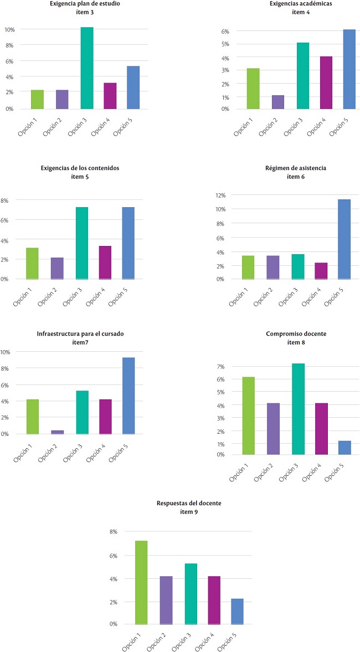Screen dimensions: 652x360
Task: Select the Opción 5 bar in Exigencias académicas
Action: pyautogui.click(x=348, y=69)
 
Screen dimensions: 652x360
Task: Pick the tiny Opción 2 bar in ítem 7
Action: pyautogui.click(x=57, y=432)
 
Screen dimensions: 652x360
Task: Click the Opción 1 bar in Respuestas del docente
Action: pyautogui.click(x=141, y=582)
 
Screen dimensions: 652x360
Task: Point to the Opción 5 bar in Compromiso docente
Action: pyautogui.click(x=344, y=448)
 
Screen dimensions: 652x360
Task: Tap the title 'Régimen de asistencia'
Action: pyautogui.click(x=292, y=168)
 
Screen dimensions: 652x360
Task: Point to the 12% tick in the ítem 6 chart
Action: pyautogui.click(x=222, y=195)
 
